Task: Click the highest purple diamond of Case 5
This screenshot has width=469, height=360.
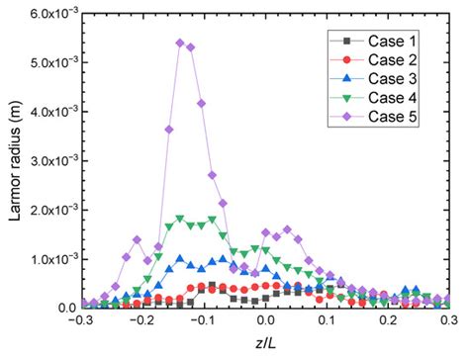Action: click(x=180, y=43)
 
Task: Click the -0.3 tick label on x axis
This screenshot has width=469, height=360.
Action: click(x=80, y=322)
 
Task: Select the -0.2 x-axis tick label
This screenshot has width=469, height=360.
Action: click(x=141, y=322)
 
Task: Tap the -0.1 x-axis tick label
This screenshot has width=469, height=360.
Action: click(x=203, y=322)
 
